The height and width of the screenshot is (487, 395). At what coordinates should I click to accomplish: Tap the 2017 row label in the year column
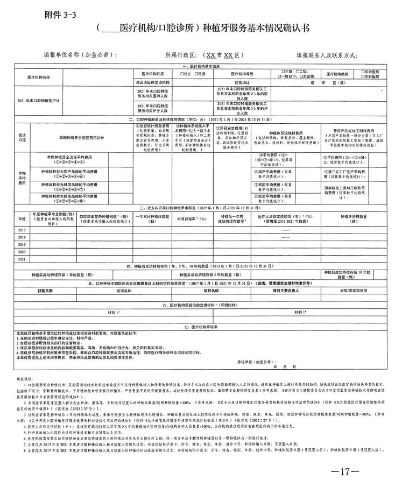(22, 230)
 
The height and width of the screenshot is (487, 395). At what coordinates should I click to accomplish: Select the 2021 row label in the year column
(22, 259)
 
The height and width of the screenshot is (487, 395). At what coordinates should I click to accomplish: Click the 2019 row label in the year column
(22, 244)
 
